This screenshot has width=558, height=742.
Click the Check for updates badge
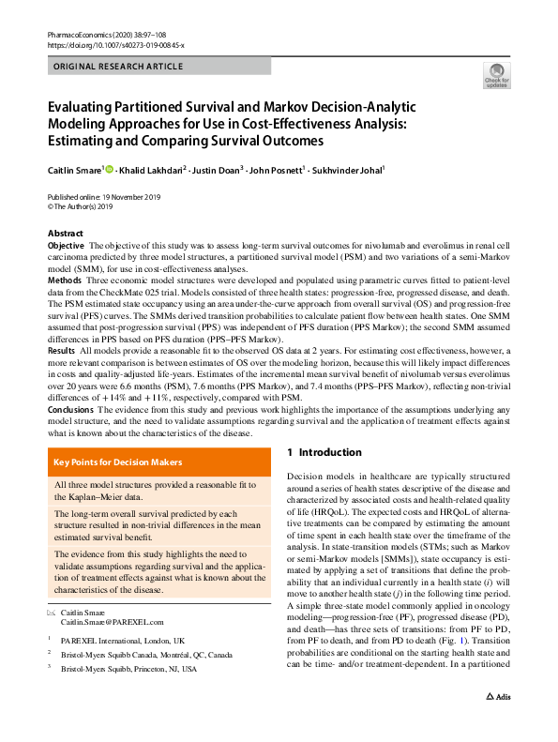[496, 77]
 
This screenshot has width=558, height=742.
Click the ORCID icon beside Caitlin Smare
[110, 170]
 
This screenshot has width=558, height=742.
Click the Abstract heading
[66, 234]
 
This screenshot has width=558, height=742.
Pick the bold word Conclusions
[71, 408]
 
